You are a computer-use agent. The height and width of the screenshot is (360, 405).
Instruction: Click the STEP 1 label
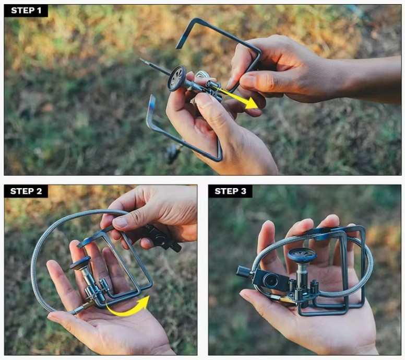click(x=26, y=10)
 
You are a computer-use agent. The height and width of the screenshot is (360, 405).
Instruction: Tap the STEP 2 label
click(x=26, y=191)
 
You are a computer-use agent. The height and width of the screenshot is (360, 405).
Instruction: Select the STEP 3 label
click(x=230, y=191)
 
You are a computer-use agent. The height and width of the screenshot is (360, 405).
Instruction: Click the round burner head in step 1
click(x=177, y=78)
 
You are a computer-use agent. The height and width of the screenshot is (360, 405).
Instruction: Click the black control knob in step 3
click(x=244, y=271)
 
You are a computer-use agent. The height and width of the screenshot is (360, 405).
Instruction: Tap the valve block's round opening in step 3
click(x=270, y=281)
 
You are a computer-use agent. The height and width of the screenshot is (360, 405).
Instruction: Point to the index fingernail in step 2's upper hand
click(x=120, y=223)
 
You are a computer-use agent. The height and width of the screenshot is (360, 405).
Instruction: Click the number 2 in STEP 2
click(x=39, y=191)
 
